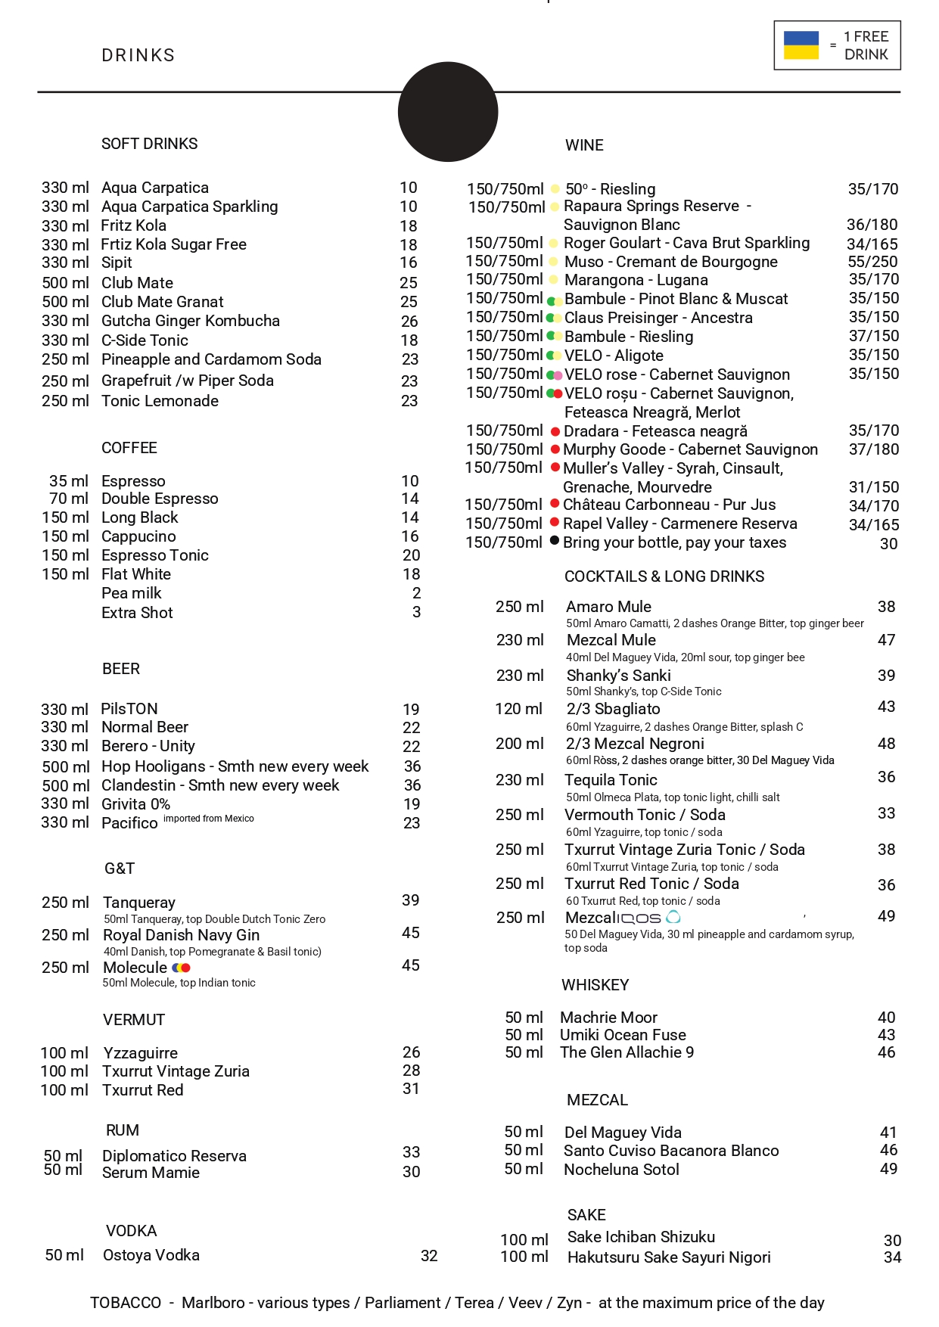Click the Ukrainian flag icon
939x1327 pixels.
(x=801, y=45)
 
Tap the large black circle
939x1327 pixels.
(x=448, y=112)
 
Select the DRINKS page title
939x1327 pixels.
(x=138, y=55)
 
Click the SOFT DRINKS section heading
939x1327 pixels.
(x=150, y=144)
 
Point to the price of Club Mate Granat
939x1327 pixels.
(x=409, y=302)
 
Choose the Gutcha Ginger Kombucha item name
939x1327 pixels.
(x=191, y=321)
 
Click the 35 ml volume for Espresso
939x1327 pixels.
(x=69, y=481)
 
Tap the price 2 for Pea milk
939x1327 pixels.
(x=416, y=593)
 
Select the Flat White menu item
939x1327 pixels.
(x=136, y=574)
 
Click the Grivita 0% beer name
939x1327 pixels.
(x=136, y=804)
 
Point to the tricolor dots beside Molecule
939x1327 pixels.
(x=182, y=968)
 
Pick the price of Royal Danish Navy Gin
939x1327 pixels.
(x=411, y=933)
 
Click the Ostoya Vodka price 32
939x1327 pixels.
(x=429, y=1256)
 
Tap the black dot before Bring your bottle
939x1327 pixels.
(x=555, y=541)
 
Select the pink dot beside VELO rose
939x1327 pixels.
(x=558, y=375)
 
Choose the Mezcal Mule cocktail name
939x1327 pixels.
(x=611, y=640)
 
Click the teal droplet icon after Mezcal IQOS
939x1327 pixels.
(x=673, y=918)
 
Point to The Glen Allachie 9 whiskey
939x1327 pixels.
(x=627, y=1052)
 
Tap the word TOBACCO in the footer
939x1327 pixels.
(x=126, y=1303)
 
